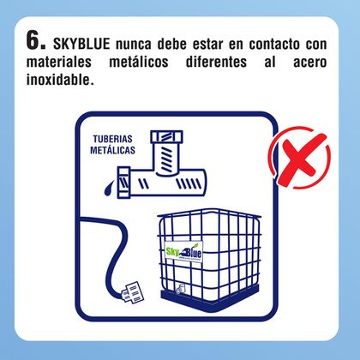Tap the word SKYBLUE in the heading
pyautogui.click(x=81, y=44)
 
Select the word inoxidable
pyautogui.click(x=60, y=80)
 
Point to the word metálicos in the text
pyautogui.click(x=139, y=62)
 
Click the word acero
pyautogui.click(x=310, y=63)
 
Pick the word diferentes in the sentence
pyautogui.click(x=216, y=62)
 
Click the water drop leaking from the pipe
pyautogui.click(x=109, y=189)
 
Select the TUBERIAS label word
pyautogui.click(x=112, y=139)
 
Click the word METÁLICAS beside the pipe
pyautogui.click(x=112, y=150)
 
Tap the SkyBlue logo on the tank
pyautogui.click(x=184, y=252)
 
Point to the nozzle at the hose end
pyautogui.click(x=133, y=292)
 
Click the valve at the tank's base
pyautogui.click(x=180, y=289)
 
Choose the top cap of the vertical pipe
pyautogui.click(x=166, y=137)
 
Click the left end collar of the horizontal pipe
pyautogui.click(x=124, y=183)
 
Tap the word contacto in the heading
pyautogui.click(x=274, y=45)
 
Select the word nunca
pyautogui.click(x=134, y=45)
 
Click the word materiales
pyautogui.click(x=59, y=62)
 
